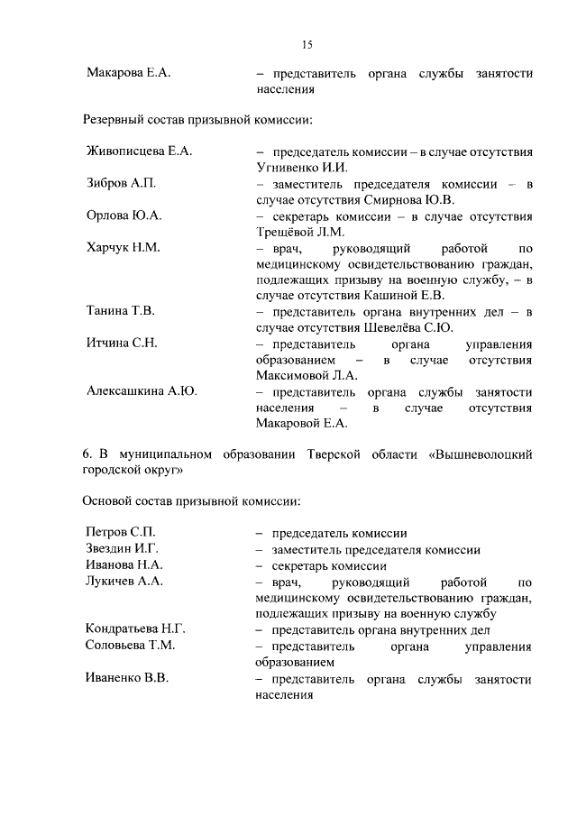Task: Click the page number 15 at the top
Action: click(307, 44)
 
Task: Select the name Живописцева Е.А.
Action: click(139, 151)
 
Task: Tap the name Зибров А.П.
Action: click(121, 183)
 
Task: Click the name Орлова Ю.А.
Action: click(124, 215)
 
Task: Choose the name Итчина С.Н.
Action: click(122, 344)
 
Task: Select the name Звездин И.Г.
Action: click(122, 549)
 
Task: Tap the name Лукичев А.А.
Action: click(124, 582)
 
